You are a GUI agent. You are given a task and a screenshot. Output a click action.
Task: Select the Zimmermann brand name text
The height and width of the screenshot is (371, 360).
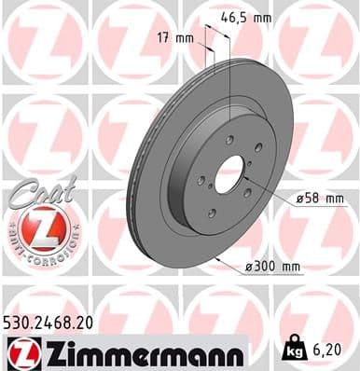point(141,353)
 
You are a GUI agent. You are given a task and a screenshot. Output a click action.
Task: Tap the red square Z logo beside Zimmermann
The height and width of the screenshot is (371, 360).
point(21,352)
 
